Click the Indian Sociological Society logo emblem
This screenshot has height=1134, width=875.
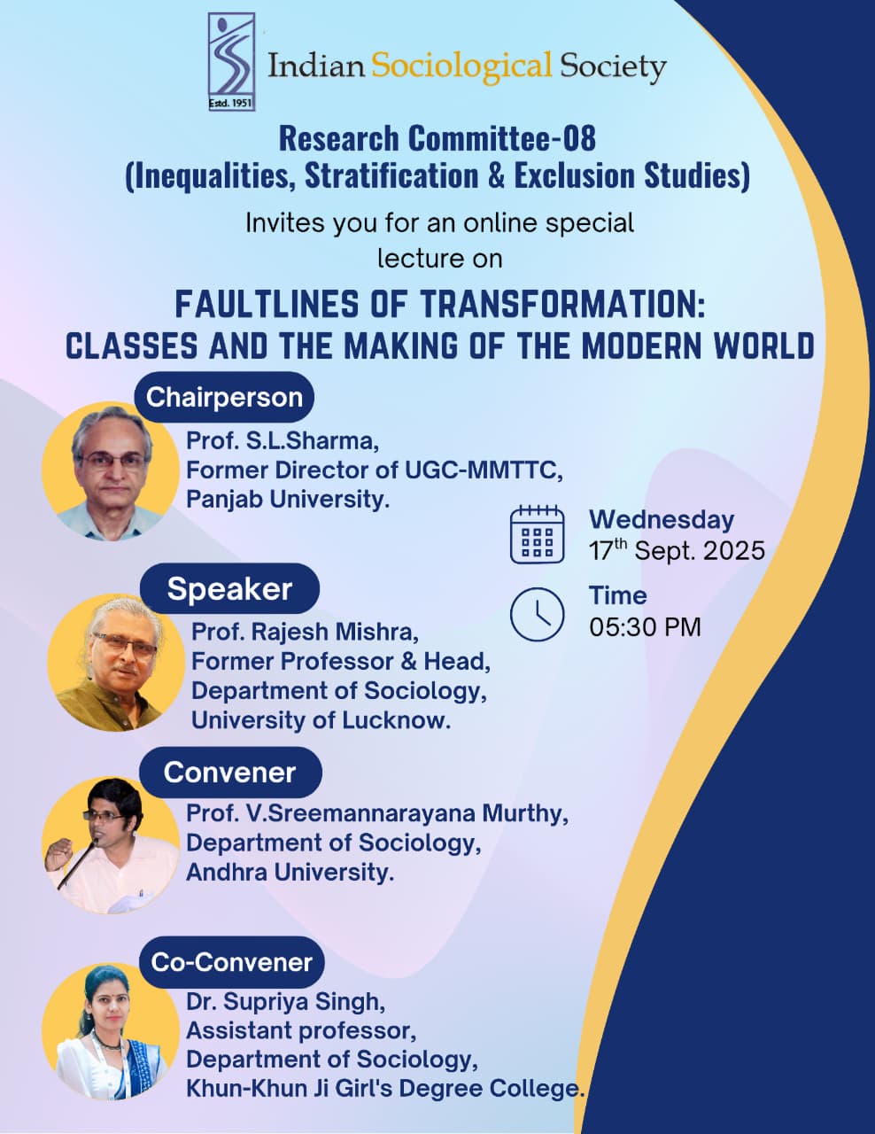point(231,62)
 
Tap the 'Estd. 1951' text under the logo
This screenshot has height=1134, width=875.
point(230,103)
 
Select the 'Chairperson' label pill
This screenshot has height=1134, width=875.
point(224,397)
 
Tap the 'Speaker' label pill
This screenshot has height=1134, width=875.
point(229,588)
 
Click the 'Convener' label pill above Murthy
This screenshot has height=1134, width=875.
point(229,772)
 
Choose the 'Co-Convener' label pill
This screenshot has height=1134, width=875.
point(231,962)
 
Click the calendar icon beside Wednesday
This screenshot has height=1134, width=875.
point(537,534)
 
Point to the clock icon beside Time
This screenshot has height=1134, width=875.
point(537,614)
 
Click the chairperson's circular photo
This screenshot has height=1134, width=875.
point(111,470)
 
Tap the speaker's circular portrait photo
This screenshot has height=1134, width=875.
point(116,663)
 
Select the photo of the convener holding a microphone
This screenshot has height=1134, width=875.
point(111,846)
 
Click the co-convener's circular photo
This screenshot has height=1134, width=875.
point(111,1032)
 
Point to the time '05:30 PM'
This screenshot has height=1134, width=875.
point(645,626)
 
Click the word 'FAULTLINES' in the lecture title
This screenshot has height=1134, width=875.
point(267,304)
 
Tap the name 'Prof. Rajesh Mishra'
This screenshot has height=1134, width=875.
point(305,632)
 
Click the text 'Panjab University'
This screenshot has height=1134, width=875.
point(288,500)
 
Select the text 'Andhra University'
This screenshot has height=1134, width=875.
point(290,872)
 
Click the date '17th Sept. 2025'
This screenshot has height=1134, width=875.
point(677,550)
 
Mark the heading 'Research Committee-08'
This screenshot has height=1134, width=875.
point(437,139)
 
